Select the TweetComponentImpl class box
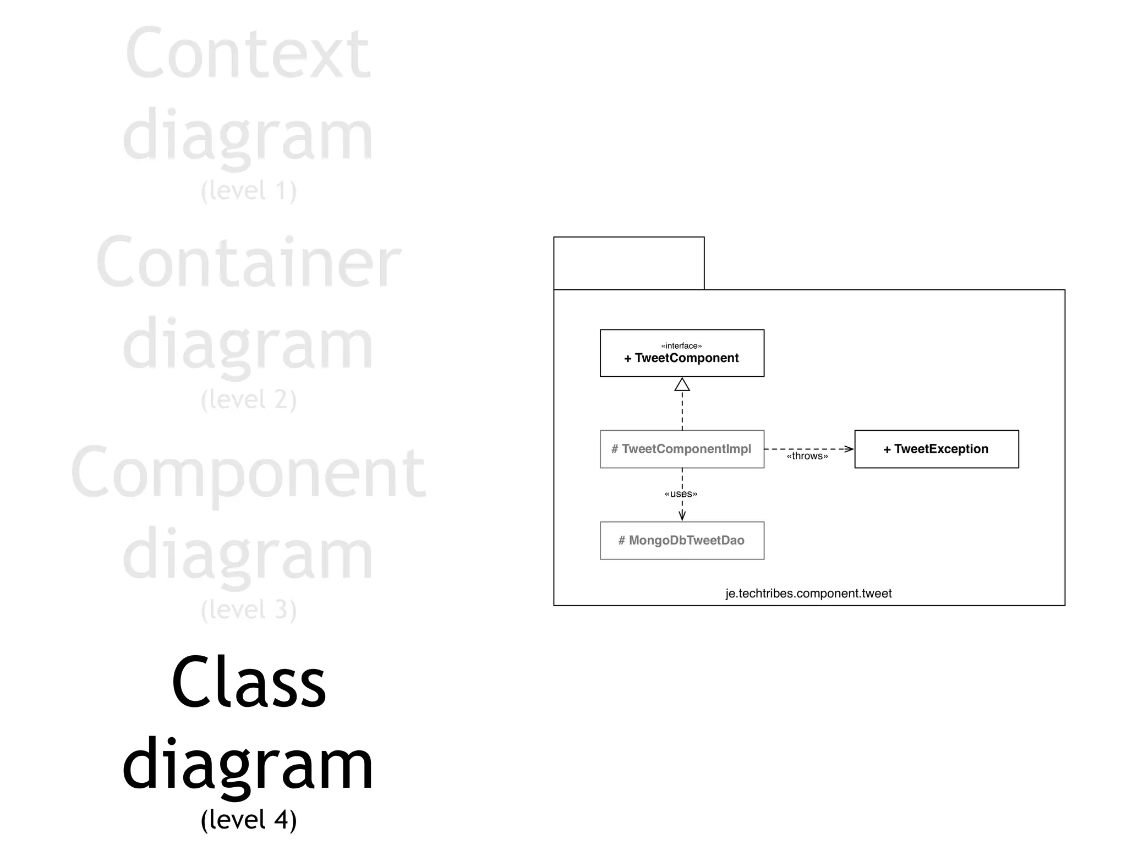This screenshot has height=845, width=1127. (x=682, y=449)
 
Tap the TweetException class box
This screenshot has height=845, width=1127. (x=936, y=449)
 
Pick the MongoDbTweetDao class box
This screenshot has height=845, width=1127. (x=682, y=540)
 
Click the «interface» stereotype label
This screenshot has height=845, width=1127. (x=681, y=346)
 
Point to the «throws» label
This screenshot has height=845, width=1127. (x=807, y=456)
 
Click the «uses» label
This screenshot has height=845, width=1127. (x=681, y=494)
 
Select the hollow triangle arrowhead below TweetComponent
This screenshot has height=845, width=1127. (x=682, y=385)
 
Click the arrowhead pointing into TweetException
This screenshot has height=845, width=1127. (x=849, y=449)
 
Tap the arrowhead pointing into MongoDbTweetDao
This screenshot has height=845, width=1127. (x=682, y=515)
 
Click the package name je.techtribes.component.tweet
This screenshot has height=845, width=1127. (x=808, y=594)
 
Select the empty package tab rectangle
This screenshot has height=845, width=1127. (x=628, y=263)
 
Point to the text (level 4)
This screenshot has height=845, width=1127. (x=249, y=819)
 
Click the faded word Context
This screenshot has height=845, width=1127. (x=248, y=53)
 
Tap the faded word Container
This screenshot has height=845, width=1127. (x=248, y=262)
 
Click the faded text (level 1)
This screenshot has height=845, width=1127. (x=249, y=190)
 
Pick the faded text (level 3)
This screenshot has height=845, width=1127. (x=249, y=610)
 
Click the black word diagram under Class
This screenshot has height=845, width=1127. (x=248, y=765)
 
